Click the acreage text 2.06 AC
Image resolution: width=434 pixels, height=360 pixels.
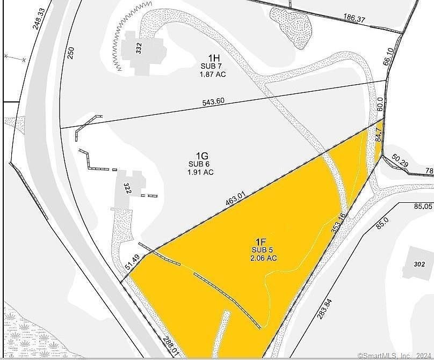tap(263, 258)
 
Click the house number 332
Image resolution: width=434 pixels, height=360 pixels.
tap(139, 50)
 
